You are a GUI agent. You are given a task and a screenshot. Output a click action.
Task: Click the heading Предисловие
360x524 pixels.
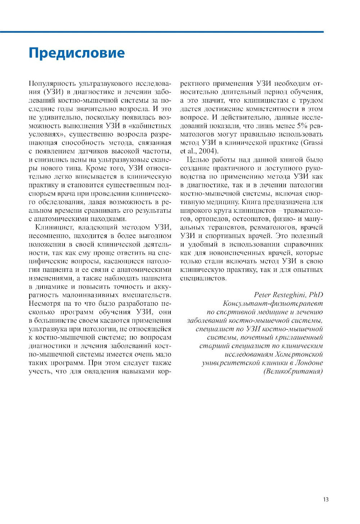tap(77, 53)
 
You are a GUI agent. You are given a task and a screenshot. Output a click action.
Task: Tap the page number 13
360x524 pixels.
tap(325, 499)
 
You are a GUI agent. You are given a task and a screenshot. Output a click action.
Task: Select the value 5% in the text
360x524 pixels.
tap(302, 126)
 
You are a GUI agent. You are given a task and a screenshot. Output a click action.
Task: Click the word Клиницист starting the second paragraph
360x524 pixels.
tap(53, 227)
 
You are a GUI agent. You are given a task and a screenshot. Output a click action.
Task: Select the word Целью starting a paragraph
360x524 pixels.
tap(198, 160)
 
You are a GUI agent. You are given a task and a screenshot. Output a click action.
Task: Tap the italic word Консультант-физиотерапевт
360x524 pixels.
tap(273, 303)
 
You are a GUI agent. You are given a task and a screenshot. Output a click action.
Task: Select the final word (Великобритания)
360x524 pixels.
tap(293, 371)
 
